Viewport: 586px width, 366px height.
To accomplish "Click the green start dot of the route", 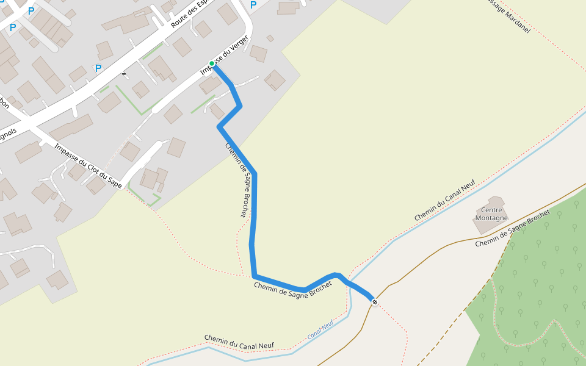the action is [212, 63].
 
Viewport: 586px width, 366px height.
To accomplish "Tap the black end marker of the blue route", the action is [374, 302].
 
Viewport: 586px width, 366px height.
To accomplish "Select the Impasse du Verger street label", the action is [225, 56].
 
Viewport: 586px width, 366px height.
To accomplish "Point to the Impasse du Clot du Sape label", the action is [88, 165].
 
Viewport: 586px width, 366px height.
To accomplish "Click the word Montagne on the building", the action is [491, 218].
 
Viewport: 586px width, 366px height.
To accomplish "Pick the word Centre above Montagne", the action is [491, 210].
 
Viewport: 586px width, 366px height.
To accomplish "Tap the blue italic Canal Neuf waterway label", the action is [320, 329].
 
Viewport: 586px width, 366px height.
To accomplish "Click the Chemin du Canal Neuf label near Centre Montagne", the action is [444, 201].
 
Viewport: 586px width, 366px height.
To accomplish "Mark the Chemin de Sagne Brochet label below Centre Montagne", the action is [513, 228].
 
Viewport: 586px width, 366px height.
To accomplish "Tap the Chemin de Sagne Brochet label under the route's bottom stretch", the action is [293, 293].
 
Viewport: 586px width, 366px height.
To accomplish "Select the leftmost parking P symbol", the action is [12, 27].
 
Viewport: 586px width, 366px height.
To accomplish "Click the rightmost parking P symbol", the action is [253, 5].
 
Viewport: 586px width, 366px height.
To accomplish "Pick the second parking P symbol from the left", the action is [31, 11].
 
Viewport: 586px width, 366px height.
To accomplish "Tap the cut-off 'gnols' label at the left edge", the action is [8, 134].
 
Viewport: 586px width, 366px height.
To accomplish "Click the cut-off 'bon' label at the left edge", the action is [4, 102].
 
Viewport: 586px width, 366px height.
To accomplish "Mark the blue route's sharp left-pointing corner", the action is [220, 127].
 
